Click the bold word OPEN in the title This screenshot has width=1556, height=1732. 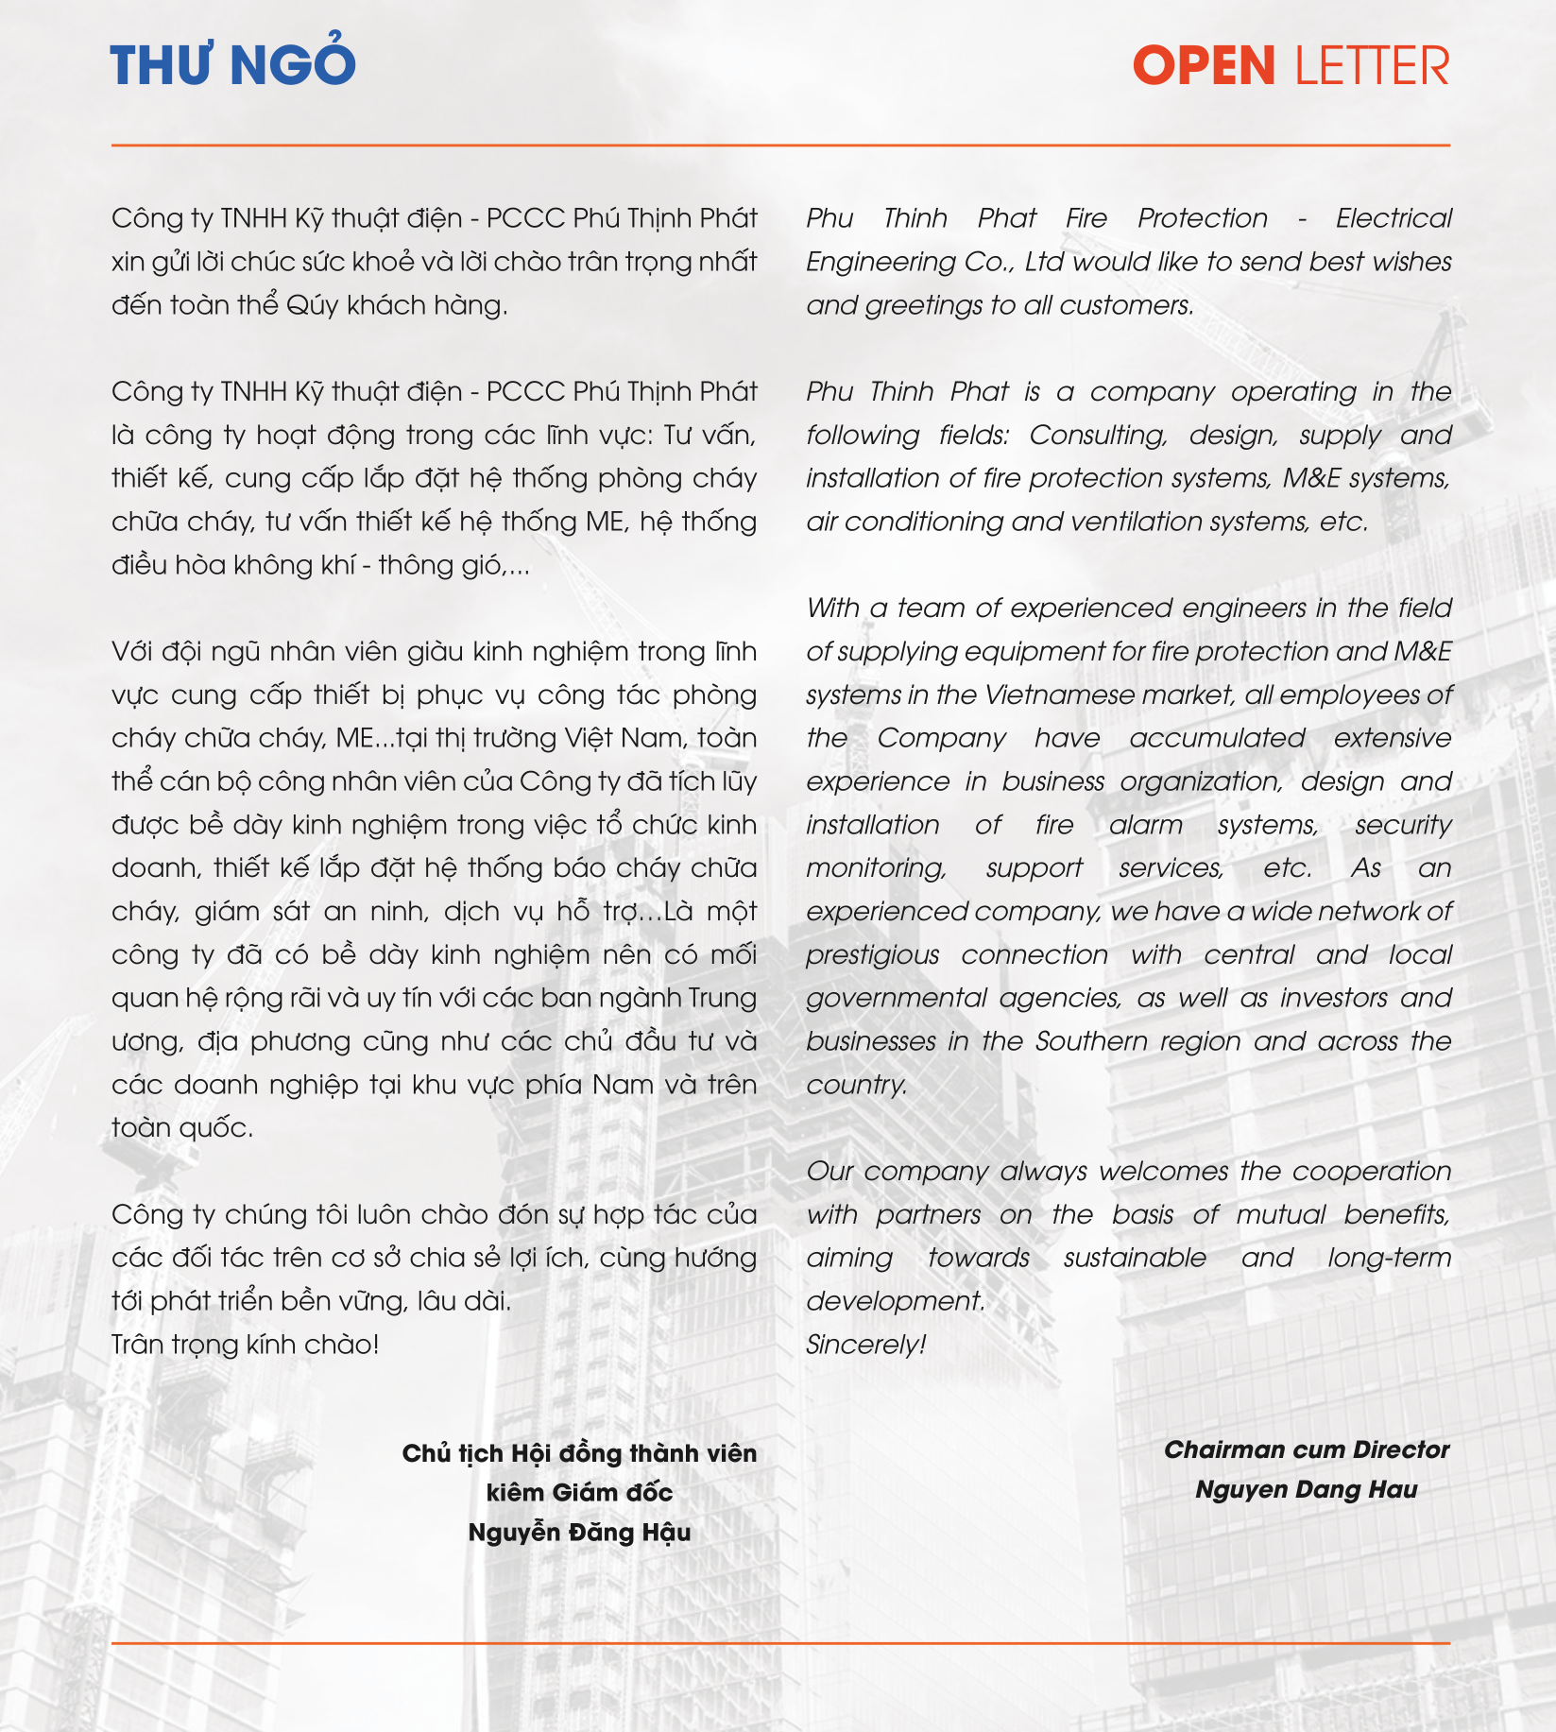point(1204,66)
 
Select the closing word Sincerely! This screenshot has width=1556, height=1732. point(865,1345)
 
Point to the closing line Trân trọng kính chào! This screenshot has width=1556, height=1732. point(245,1345)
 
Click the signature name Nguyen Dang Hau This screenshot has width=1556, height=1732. point(1306,1490)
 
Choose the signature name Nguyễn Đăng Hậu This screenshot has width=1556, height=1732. point(579,1533)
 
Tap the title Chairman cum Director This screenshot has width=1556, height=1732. point(1306,1450)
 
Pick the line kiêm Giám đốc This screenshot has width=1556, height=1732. point(579,1493)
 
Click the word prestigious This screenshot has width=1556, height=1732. point(872,955)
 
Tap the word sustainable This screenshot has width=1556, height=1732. point(1135,1259)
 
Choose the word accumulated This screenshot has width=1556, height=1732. point(1217,738)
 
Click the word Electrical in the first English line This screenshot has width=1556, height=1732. point(1394,219)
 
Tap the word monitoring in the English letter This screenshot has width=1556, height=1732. point(876,868)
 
